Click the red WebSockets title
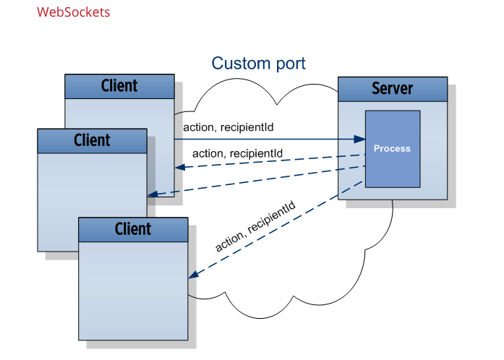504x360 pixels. click(73, 12)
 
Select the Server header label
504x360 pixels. click(392, 89)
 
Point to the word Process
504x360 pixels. click(392, 148)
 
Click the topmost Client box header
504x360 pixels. click(119, 86)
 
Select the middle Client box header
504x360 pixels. click(92, 140)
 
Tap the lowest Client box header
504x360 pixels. click(133, 229)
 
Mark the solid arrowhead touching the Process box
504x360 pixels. click(359, 139)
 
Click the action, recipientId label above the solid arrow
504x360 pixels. click(228, 127)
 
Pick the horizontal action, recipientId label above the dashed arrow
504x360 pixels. click(237, 153)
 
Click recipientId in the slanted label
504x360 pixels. click(273, 219)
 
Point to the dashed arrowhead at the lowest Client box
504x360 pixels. click(193, 275)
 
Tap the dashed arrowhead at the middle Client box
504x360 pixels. click(152, 194)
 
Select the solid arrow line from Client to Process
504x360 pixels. click(268, 139)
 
